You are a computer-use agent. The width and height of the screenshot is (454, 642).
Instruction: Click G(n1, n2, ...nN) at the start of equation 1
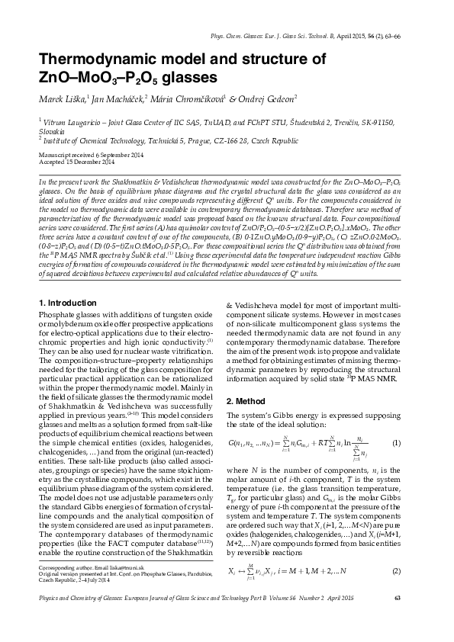253,444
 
